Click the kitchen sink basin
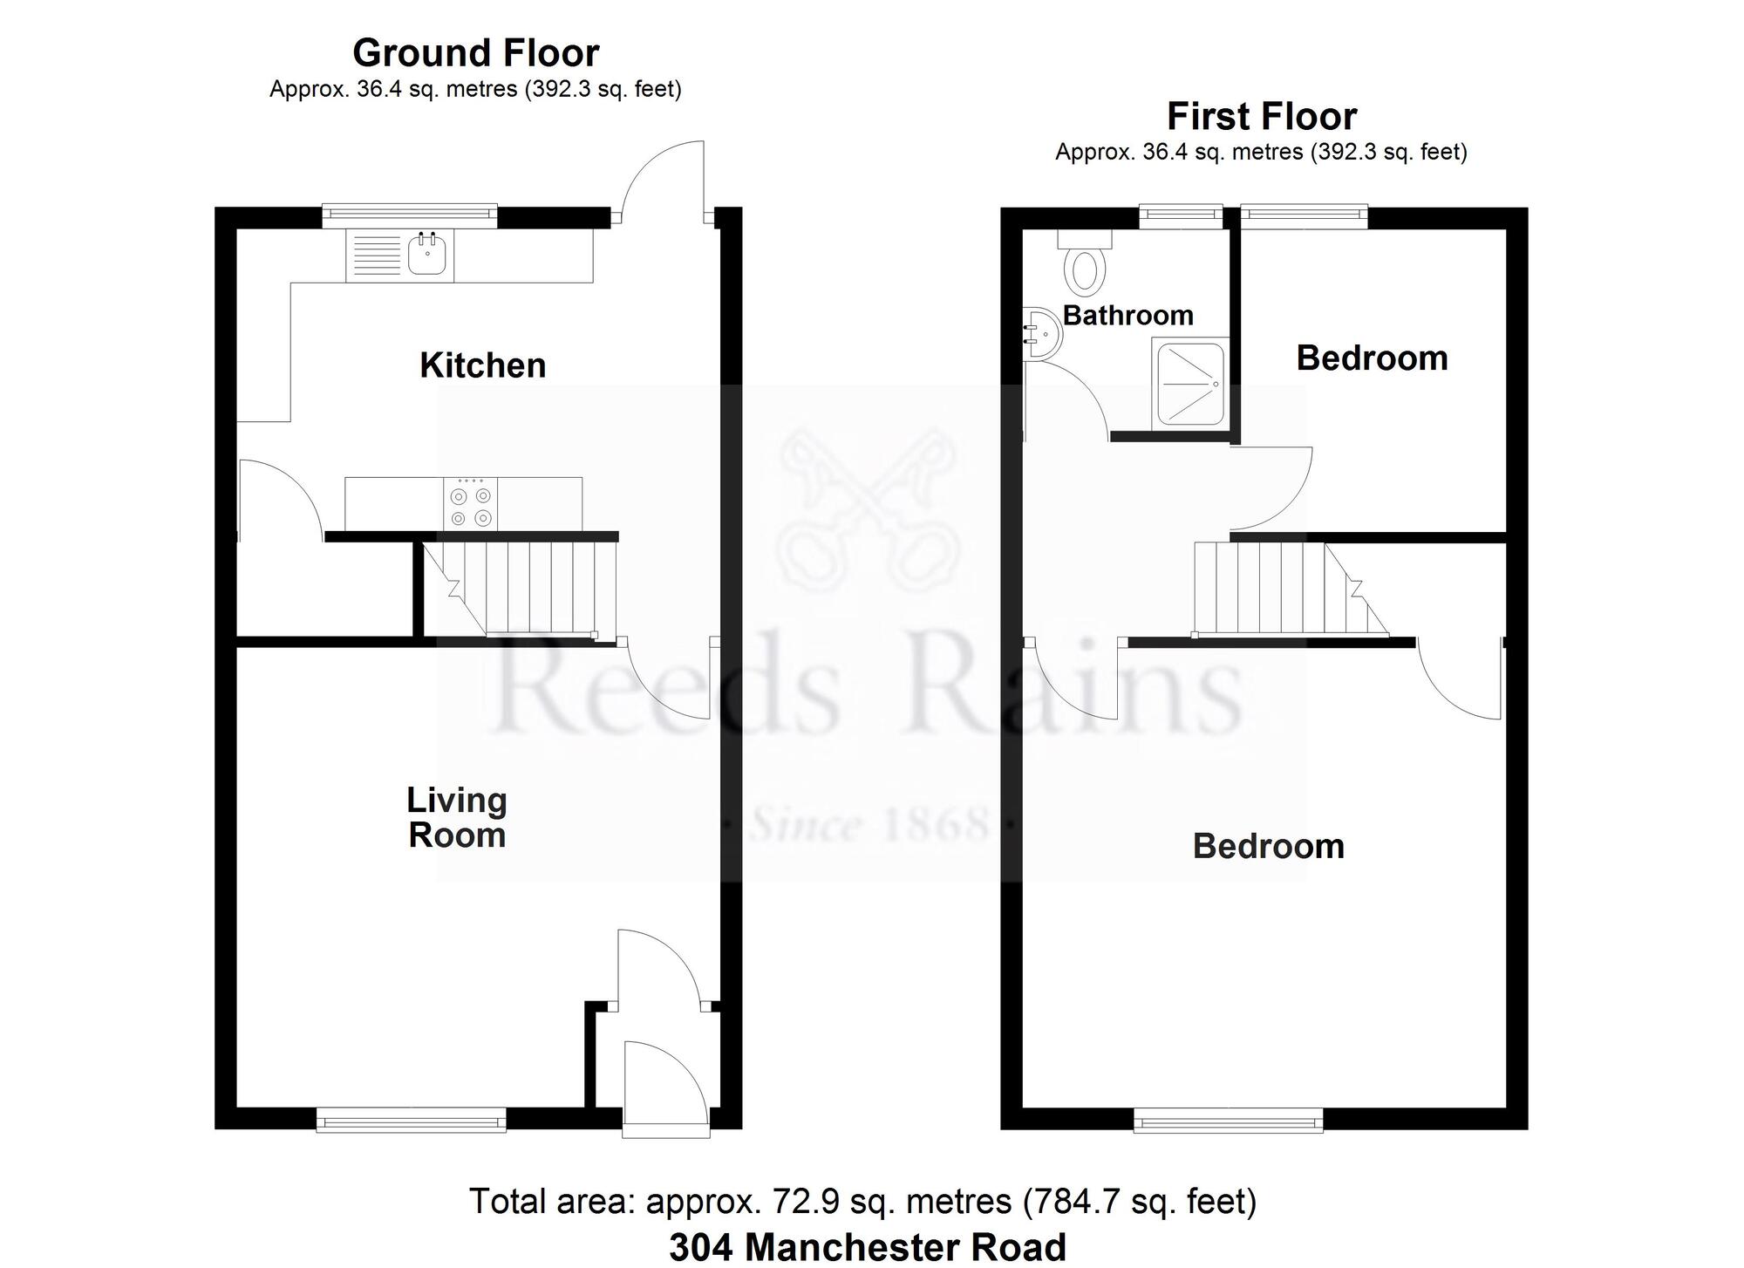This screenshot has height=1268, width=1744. coord(427,256)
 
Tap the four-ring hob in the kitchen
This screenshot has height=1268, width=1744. coord(471,506)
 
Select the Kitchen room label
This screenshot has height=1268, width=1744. coord(482,365)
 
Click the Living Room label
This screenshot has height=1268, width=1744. coord(457,818)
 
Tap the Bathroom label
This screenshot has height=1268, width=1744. coord(1127,315)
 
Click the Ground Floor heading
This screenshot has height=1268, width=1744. coord(475,53)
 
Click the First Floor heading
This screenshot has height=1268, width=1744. coord(1261,117)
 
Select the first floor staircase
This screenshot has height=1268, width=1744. coord(1282,589)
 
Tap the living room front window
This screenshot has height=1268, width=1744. coord(411,1120)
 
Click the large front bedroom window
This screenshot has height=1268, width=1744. coord(1228,1120)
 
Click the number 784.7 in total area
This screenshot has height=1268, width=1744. coord(1070,1202)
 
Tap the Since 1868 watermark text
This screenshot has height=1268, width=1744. coord(870,823)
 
